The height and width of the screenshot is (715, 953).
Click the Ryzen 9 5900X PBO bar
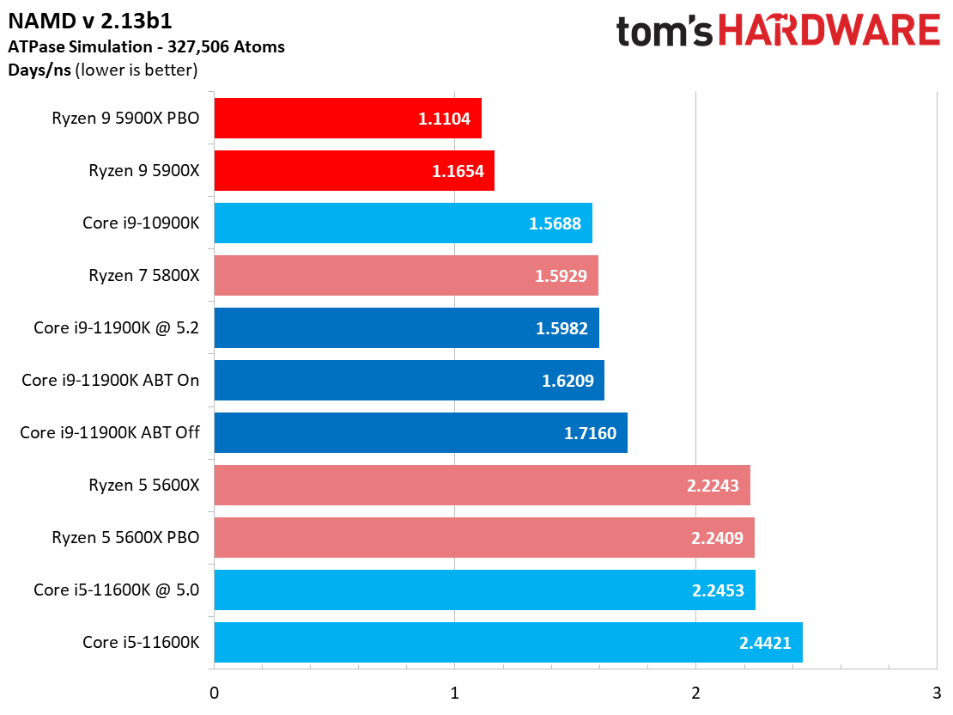click(348, 119)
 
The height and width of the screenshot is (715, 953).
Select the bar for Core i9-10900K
click(403, 223)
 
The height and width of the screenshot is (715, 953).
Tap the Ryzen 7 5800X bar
click(405, 276)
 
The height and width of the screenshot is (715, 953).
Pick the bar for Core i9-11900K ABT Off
click(421, 433)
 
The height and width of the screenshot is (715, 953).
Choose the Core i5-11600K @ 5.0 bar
click(484, 590)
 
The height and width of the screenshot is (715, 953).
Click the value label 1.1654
click(458, 171)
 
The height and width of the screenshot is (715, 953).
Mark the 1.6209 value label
click(568, 381)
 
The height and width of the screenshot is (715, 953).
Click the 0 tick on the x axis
click(214, 693)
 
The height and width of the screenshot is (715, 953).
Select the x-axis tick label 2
click(695, 693)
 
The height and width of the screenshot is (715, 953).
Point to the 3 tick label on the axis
click(937, 693)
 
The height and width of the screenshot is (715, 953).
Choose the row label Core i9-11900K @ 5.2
click(117, 328)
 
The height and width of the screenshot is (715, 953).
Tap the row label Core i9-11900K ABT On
click(111, 381)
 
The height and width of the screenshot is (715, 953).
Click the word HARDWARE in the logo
click(829, 31)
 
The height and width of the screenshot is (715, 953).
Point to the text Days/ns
click(39, 70)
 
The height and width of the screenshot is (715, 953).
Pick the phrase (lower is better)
click(137, 70)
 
